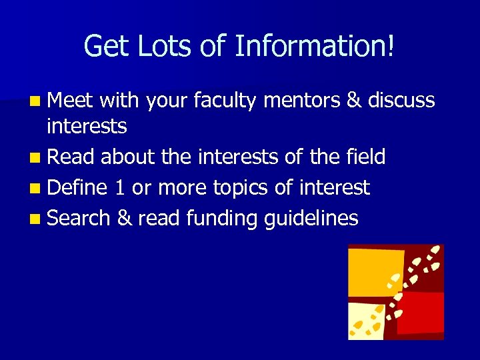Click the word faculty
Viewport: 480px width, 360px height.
226,101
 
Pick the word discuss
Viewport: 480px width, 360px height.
400,101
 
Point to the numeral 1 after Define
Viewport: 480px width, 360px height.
119,188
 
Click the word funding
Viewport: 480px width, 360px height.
225,218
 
